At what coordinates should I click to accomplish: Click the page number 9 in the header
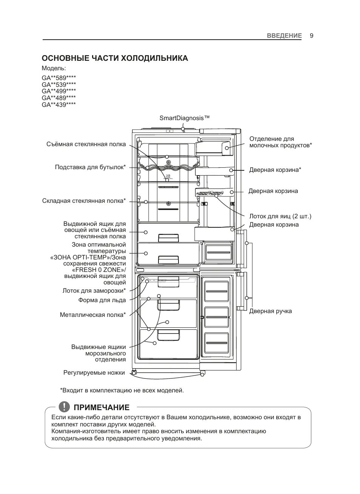pos(311,36)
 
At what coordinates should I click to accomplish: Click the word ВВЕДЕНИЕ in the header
pos(284,36)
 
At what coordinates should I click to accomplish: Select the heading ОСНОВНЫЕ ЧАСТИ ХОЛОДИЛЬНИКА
pos(115,58)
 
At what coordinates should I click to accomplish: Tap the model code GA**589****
pos(59,78)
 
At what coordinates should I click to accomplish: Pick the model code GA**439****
pos(59,105)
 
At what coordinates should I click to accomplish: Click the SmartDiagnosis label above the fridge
pos(184,118)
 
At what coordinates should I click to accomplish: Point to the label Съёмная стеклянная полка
pos(86,144)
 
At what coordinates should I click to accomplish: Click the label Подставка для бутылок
pos(90,167)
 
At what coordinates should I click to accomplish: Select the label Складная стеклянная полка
pos(84,201)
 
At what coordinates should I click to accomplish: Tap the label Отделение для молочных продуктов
pos(280,142)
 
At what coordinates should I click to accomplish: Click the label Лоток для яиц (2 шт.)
pos(280,216)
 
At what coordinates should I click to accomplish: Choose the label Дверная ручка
pos(270,311)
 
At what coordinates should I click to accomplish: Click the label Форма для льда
pos(102,300)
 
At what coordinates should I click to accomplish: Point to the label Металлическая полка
pos(92,315)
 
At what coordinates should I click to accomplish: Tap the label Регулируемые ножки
pos(94,373)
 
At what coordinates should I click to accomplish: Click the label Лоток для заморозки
pos(94,291)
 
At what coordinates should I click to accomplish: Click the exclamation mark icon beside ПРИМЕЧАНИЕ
pos(65,406)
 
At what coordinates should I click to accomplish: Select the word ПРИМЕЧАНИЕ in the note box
pos(102,408)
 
